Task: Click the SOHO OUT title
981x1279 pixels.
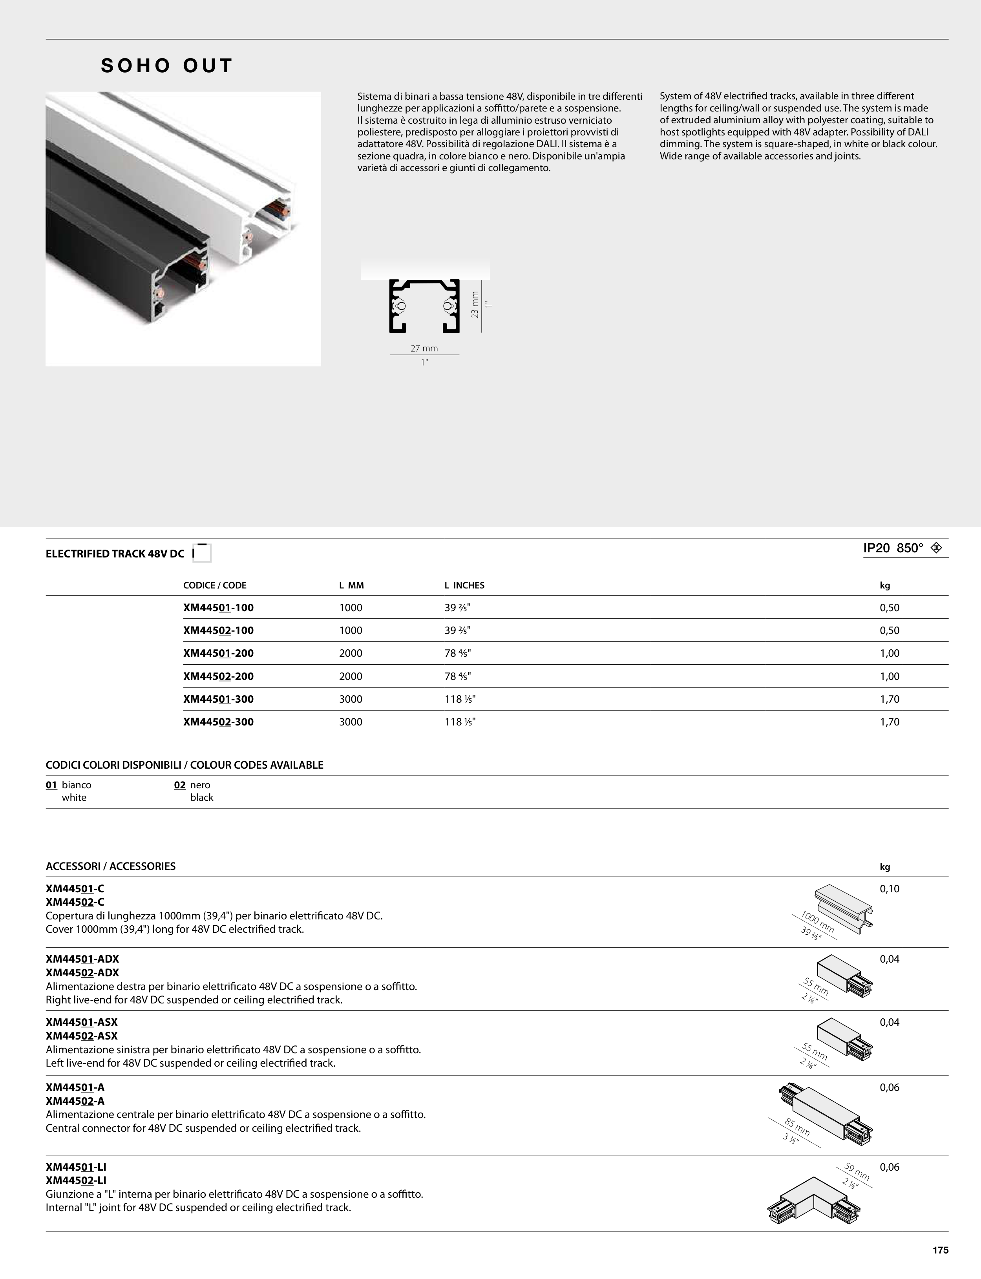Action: [167, 66]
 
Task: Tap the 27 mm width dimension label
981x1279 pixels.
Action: [424, 349]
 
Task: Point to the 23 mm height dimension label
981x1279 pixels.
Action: [475, 305]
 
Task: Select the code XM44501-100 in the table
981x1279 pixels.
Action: [218, 607]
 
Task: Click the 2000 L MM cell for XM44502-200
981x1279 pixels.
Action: [350, 676]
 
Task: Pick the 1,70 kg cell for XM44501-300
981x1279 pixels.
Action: [889, 699]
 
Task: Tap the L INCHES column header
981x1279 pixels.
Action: [464, 585]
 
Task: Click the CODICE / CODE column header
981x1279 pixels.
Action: [215, 585]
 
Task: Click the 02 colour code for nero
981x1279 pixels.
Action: [180, 785]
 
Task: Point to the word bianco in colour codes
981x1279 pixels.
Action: [77, 785]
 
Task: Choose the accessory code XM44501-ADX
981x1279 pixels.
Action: [82, 959]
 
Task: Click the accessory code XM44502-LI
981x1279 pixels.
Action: [76, 1181]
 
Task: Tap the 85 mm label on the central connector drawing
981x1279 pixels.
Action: [797, 1127]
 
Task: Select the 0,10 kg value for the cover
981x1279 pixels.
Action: [889, 889]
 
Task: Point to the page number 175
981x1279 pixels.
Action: [940, 1250]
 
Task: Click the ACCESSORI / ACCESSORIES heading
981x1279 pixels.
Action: [110, 866]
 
